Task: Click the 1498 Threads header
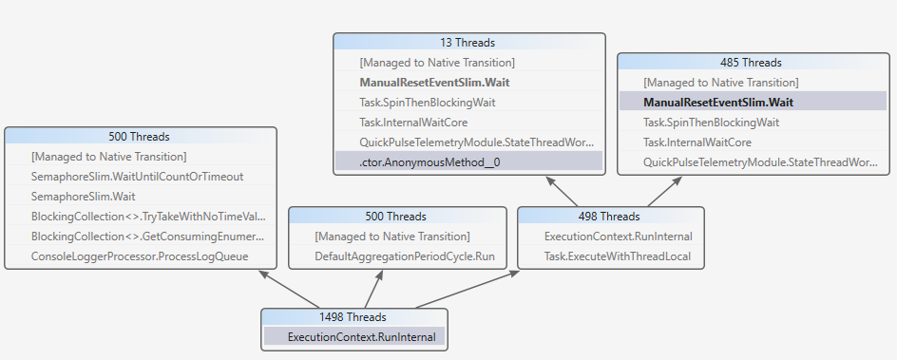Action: point(353,317)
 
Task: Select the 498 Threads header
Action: point(612,217)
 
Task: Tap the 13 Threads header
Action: point(468,43)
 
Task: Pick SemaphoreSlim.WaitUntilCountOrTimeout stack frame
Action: point(137,177)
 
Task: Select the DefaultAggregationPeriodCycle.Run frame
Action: point(405,256)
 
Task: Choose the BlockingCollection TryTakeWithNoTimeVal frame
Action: point(147,217)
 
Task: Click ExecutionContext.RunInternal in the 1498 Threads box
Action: point(361,337)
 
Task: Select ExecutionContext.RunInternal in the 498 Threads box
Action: point(618,237)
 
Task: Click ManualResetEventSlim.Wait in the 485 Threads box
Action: point(717,103)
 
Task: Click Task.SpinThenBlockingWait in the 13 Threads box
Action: point(427,103)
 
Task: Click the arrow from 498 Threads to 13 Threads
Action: point(563,190)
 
